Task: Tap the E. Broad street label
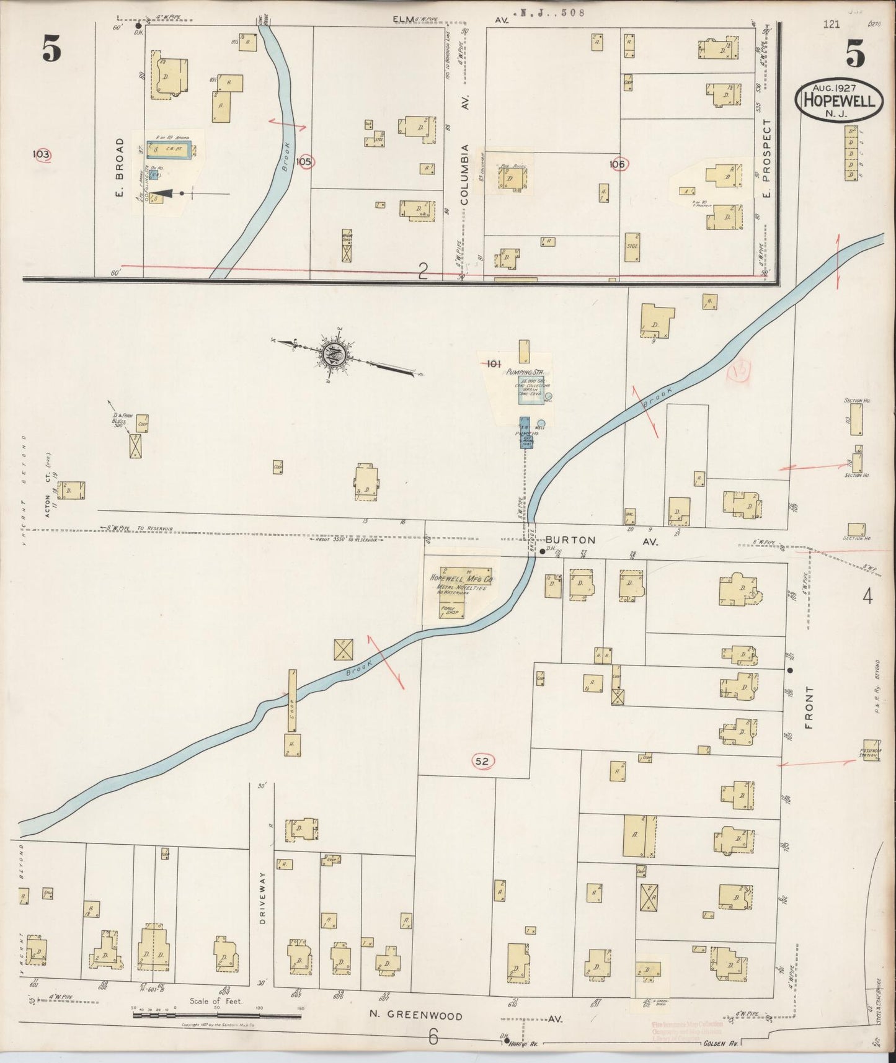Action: pos(120,167)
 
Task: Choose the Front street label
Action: pos(810,706)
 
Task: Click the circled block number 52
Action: pos(483,761)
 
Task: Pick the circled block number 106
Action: pos(618,164)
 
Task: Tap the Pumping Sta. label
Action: pos(525,371)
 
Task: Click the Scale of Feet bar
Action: pos(217,1014)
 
